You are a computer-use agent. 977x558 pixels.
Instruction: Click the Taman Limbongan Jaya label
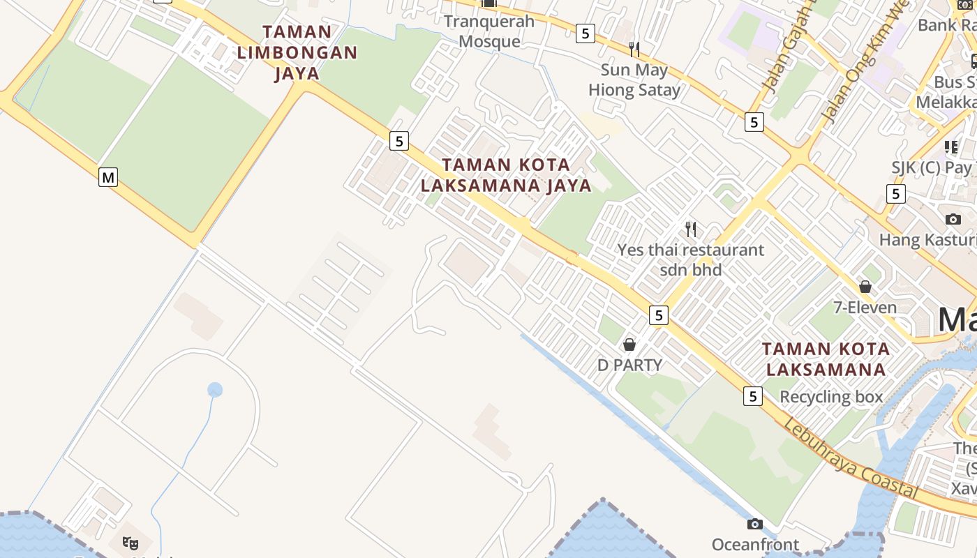[297, 52]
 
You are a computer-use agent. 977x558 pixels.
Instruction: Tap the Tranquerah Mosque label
[489, 31]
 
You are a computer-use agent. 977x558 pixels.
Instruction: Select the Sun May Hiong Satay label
[634, 80]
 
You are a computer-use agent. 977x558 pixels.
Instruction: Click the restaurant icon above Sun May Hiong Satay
[634, 49]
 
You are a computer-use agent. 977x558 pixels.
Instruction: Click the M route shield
[107, 177]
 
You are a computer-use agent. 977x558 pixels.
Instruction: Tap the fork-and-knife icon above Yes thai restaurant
[691, 229]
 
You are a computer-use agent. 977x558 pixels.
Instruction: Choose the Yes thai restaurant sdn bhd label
[691, 259]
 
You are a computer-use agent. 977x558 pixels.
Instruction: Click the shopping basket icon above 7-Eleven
[865, 287]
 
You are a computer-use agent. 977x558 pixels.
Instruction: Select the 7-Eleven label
[865, 308]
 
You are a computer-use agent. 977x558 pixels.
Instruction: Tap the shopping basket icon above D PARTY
[629, 345]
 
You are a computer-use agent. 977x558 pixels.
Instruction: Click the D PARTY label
[629, 365]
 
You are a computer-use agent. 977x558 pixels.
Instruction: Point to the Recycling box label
[831, 397]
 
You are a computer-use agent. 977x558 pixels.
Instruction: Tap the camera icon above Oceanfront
[754, 524]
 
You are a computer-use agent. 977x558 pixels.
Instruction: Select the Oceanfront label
[755, 545]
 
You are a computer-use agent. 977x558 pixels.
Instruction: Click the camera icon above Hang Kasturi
[953, 219]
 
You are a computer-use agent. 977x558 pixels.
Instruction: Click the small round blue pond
[215, 390]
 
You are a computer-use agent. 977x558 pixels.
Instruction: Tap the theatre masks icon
[130, 542]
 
